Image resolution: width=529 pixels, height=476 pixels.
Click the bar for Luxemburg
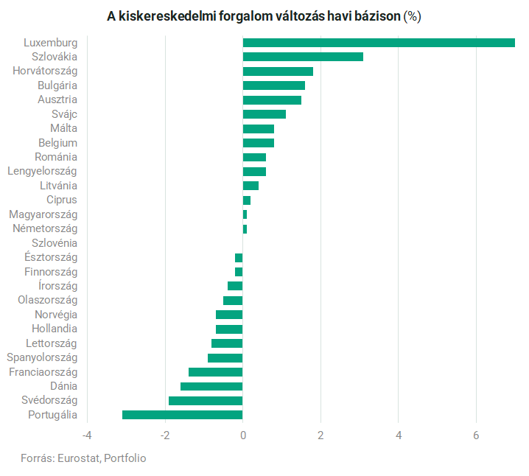coord(379,43)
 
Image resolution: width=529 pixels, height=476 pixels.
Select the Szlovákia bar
coord(303,57)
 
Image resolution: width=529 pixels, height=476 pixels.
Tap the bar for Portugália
coord(182,415)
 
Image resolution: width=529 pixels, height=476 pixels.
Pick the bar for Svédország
coord(206,401)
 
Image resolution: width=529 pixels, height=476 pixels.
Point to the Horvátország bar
coord(278,71)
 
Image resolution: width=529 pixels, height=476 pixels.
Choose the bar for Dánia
coord(211,386)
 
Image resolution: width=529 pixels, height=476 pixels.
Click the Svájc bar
coord(264,114)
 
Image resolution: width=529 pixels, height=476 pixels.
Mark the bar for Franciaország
coord(215,372)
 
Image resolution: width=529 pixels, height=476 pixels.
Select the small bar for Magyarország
coord(245,214)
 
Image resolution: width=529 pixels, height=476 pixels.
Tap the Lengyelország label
coord(42,171)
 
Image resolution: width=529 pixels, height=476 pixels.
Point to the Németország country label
coord(45,228)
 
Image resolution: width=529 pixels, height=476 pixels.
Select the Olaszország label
coord(47,300)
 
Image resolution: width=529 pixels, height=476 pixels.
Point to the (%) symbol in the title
coord(412,16)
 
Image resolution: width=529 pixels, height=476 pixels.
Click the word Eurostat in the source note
coord(77,458)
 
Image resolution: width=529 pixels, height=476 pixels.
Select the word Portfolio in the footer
coord(125,458)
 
